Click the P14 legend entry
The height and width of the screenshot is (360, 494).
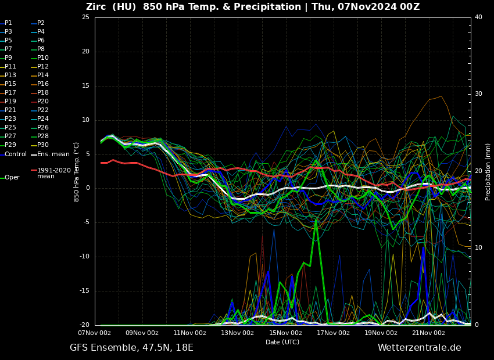(x=43, y=75)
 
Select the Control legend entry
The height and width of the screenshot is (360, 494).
(x=16, y=154)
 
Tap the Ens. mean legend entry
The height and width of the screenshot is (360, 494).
(x=53, y=154)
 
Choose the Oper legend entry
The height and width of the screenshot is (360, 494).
(x=12, y=178)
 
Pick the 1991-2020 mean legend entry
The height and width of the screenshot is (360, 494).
(x=53, y=173)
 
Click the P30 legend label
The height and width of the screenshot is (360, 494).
(x=43, y=145)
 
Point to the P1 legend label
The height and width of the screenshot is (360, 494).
(x=8, y=23)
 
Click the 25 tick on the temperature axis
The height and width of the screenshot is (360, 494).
(x=85, y=17)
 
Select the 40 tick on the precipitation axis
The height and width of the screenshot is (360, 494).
(x=478, y=17)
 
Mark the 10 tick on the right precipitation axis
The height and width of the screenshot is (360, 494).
(x=478, y=248)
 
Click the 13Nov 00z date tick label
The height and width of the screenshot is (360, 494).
(x=237, y=333)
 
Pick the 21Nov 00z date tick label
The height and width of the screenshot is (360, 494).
(x=428, y=333)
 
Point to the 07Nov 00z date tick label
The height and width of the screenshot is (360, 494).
(x=94, y=333)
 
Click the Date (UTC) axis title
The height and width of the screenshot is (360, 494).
(x=282, y=343)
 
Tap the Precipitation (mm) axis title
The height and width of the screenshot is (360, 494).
(x=488, y=171)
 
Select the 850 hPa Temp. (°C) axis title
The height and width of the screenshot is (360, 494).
(x=76, y=171)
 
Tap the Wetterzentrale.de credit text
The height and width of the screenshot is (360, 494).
(x=419, y=348)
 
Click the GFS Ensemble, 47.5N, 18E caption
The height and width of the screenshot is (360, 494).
(x=131, y=348)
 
